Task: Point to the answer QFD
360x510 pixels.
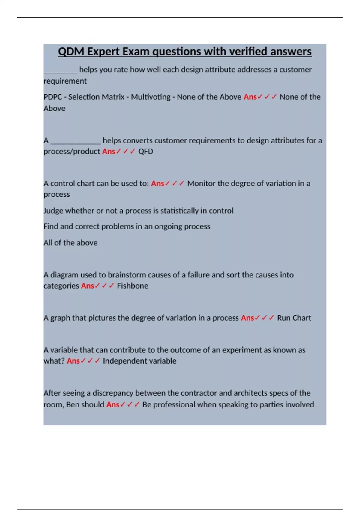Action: [x=146, y=151]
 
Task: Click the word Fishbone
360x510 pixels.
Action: [x=133, y=286]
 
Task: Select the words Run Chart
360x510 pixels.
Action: [x=294, y=318]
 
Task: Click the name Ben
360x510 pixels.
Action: [x=73, y=405]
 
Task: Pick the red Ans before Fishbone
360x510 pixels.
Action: [x=88, y=286]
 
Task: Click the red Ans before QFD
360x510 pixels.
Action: [x=109, y=151]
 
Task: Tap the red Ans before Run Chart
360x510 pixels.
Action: [x=247, y=318]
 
